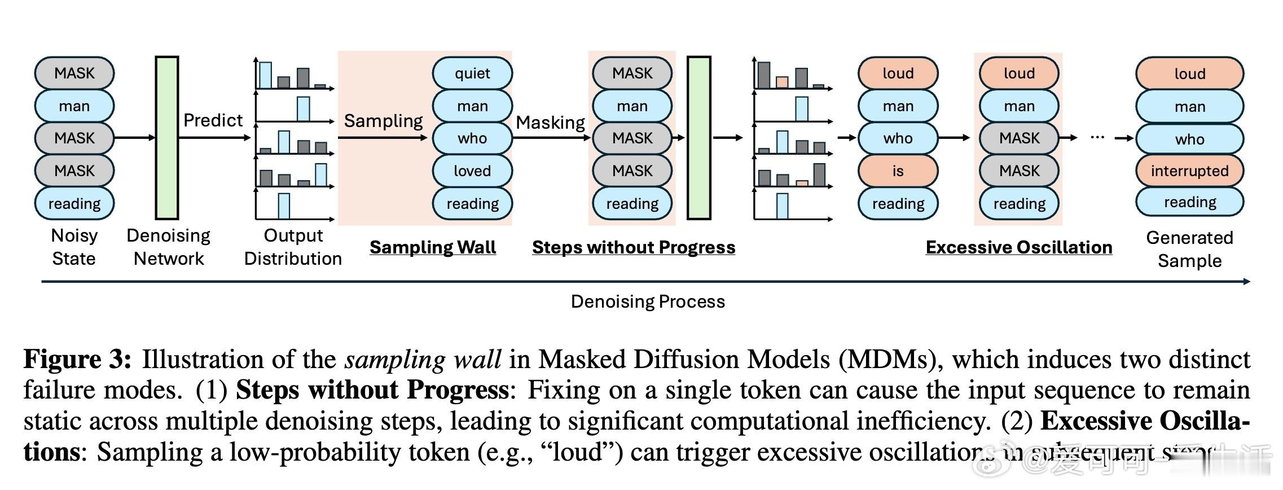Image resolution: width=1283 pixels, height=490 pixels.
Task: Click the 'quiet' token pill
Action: click(x=472, y=73)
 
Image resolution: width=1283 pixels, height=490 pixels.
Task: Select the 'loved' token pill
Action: click(x=472, y=170)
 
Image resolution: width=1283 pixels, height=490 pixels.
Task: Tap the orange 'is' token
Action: click(x=898, y=170)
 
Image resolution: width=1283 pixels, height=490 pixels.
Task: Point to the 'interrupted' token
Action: click(x=1189, y=170)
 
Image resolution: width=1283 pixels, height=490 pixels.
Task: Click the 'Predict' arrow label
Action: click(x=213, y=120)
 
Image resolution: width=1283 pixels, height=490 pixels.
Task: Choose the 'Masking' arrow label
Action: click(x=550, y=123)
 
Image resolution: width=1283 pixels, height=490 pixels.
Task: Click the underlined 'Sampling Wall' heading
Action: click(x=433, y=247)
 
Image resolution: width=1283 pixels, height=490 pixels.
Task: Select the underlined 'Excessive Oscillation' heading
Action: click(x=1019, y=247)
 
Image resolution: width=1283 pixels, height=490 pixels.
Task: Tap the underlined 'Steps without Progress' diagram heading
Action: click(x=634, y=247)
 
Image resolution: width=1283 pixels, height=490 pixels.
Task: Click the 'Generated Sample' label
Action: click(x=1189, y=249)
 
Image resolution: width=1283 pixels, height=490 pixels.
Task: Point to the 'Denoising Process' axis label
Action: click(x=648, y=301)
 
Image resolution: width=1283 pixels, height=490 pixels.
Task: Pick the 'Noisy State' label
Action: click(x=74, y=247)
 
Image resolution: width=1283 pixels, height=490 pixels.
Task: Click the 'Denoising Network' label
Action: click(x=168, y=247)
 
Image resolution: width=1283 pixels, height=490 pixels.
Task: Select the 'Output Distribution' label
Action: click(x=293, y=247)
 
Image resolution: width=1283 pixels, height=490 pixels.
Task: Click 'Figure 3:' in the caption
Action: click(x=77, y=360)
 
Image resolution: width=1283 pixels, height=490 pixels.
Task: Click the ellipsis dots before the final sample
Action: click(x=1097, y=137)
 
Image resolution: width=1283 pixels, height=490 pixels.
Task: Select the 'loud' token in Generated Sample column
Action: click(x=1189, y=73)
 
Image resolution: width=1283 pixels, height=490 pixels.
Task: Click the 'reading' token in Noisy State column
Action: click(x=74, y=203)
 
